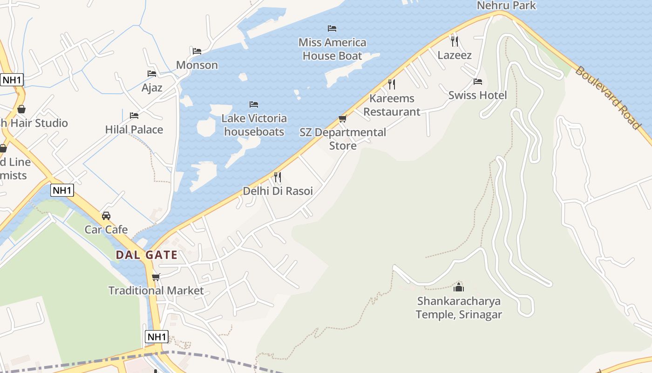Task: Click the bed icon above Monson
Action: click(197, 51)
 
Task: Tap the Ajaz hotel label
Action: click(152, 87)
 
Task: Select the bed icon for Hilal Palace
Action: click(134, 115)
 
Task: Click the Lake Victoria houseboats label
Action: click(254, 125)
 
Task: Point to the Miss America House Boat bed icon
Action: click(332, 28)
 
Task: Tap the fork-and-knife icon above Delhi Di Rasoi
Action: click(278, 177)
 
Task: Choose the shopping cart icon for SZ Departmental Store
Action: click(343, 119)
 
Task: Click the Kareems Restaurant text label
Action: click(392, 105)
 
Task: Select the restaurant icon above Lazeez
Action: click(455, 41)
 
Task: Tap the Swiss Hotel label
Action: click(477, 95)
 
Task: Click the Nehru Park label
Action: click(506, 6)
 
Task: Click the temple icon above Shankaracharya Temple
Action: click(459, 287)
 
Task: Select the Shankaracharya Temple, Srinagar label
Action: click(459, 308)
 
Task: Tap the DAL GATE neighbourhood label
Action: click(147, 255)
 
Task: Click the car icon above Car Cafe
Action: click(106, 216)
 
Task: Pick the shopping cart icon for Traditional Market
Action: click(156, 277)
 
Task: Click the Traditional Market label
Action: click(156, 290)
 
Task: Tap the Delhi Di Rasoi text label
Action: click(278, 191)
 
